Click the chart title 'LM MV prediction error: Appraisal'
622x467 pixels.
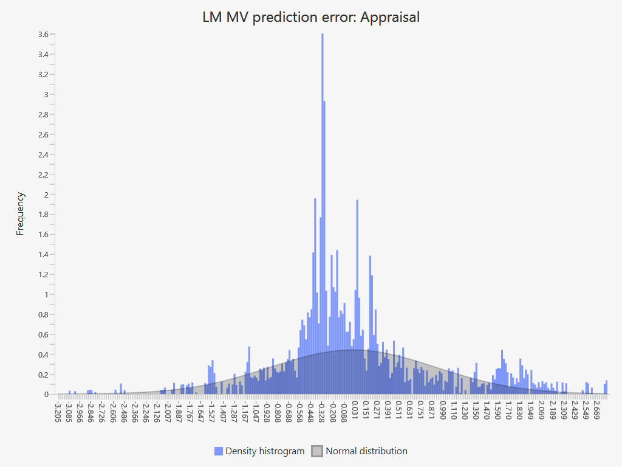click(311, 17)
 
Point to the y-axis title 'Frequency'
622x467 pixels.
click(21, 213)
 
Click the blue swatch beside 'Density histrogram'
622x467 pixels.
click(219, 451)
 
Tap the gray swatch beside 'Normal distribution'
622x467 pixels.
click(317, 451)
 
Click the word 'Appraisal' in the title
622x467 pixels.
click(390, 17)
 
